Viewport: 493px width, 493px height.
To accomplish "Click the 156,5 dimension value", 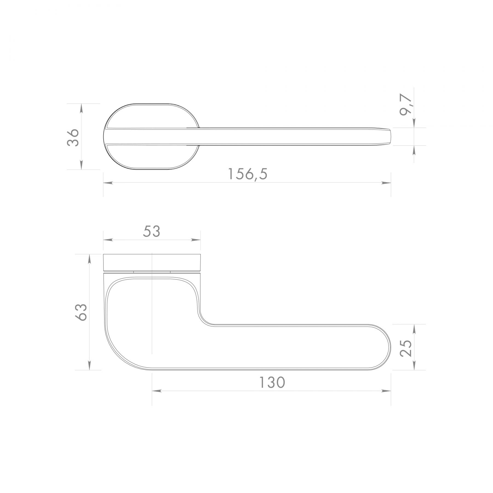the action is click(248, 174).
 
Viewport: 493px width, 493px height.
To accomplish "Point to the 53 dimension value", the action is click(151, 231).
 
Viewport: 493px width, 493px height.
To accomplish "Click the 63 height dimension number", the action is click(82, 312).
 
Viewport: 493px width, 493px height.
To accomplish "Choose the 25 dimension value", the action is click(406, 348).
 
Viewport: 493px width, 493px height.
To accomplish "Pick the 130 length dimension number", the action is click(272, 383).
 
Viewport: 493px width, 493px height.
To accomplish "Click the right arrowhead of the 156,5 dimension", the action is click(386, 182).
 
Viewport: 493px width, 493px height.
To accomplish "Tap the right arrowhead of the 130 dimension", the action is click(386, 391).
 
